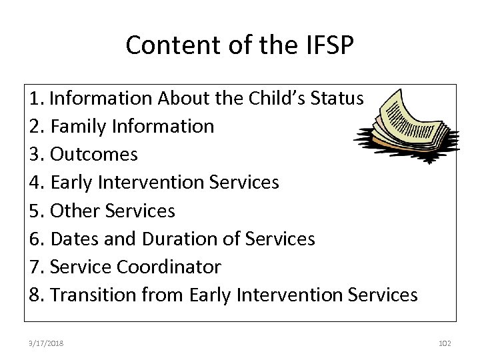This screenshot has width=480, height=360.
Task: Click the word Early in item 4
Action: tap(71, 182)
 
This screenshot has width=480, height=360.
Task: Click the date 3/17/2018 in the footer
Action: tap(47, 343)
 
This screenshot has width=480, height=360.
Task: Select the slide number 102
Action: tap(445, 343)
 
